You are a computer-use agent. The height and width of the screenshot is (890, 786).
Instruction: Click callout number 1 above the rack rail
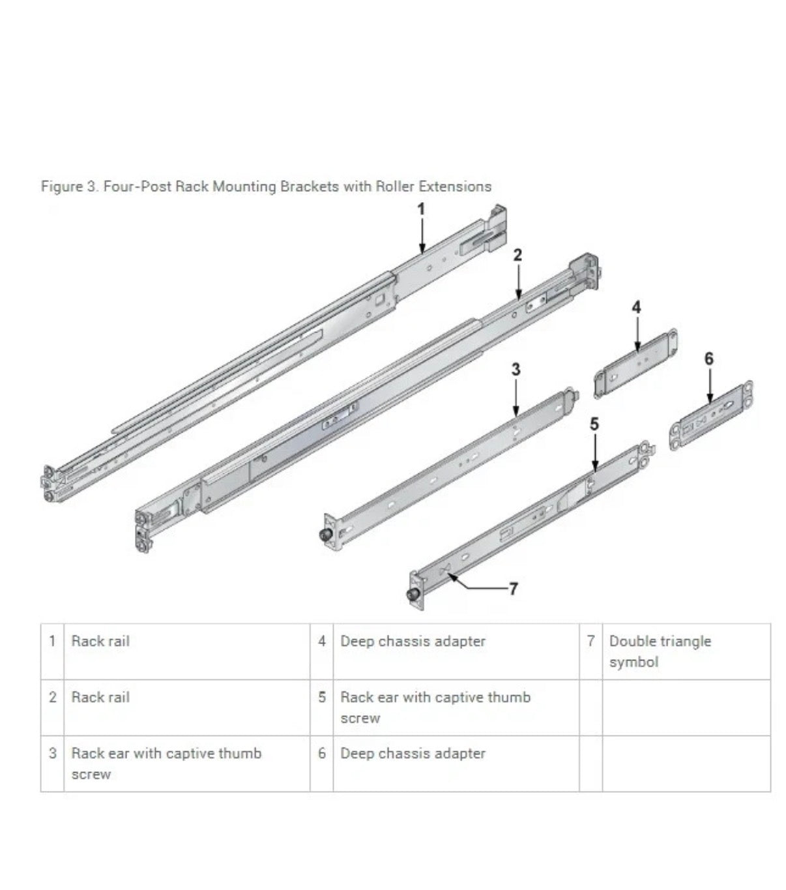421,209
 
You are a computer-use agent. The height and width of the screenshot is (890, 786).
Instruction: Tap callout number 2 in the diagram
517,255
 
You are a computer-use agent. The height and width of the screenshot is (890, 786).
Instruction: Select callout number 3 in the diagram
516,370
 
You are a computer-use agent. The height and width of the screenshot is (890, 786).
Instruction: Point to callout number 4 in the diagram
636,307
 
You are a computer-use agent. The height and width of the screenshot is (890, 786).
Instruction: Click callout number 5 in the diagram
594,424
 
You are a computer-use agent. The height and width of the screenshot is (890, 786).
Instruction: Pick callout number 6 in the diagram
709,358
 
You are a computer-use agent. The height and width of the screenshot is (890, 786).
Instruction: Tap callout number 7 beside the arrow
513,589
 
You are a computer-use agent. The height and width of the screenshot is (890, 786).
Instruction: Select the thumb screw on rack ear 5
412,595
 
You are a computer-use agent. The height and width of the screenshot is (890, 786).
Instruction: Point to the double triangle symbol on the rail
445,571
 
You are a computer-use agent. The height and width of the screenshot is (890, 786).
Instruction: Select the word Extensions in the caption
455,186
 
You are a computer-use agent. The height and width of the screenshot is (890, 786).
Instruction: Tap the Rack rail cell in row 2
100,697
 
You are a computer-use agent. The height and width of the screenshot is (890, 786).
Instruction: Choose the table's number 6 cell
322,753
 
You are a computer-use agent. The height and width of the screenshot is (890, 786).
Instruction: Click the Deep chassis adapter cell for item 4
413,642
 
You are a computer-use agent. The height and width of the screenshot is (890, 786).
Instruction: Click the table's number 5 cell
322,697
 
